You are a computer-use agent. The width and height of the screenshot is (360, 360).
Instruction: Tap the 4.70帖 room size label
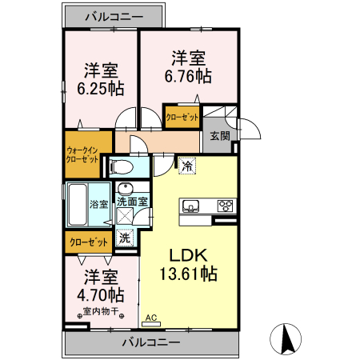(101, 294)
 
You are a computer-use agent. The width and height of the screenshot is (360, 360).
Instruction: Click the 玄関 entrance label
(220, 135)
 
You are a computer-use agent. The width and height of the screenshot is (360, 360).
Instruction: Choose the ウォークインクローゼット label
(82, 154)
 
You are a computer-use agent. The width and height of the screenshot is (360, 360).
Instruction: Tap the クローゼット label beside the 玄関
(182, 117)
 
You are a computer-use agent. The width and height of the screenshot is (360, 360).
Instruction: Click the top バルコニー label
(115, 15)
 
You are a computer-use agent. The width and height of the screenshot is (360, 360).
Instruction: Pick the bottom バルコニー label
(150, 342)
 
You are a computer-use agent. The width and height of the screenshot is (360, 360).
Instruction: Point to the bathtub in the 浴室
(77, 206)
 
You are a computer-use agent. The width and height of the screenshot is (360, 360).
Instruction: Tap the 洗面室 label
(131, 202)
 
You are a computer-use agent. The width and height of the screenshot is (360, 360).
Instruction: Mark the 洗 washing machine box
(125, 238)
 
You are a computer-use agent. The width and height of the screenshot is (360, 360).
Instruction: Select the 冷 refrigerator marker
(186, 166)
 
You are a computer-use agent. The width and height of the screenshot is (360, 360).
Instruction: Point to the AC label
(150, 318)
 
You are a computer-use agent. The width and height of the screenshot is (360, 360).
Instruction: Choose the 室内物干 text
(100, 311)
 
